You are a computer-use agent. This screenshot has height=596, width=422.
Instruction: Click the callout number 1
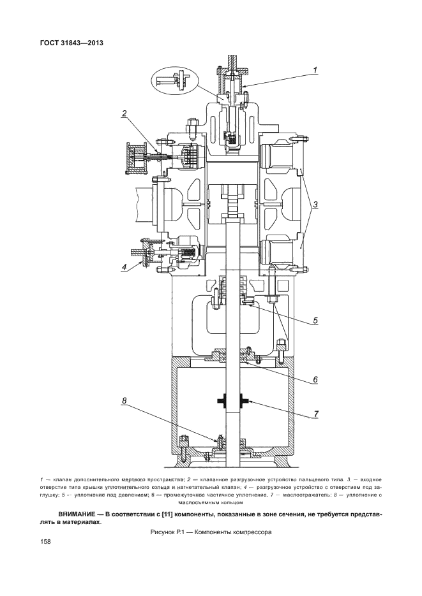pyautogui.click(x=315, y=69)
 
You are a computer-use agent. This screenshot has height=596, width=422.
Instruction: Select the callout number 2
pyautogui.click(x=124, y=113)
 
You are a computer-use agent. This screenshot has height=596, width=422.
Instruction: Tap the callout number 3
pyautogui.click(x=315, y=205)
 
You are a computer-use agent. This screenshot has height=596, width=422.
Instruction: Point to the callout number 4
pyautogui.click(x=124, y=267)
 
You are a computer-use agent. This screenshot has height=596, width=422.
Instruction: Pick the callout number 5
pyautogui.click(x=315, y=321)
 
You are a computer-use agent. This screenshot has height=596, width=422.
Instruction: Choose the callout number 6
pyautogui.click(x=315, y=379)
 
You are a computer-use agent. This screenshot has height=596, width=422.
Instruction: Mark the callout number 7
pyautogui.click(x=315, y=413)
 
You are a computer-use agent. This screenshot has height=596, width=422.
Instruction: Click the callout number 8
pyautogui.click(x=124, y=401)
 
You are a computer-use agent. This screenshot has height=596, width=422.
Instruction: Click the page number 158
pyautogui.click(x=45, y=541)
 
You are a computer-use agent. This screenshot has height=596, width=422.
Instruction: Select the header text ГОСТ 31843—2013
pyautogui.click(x=72, y=43)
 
